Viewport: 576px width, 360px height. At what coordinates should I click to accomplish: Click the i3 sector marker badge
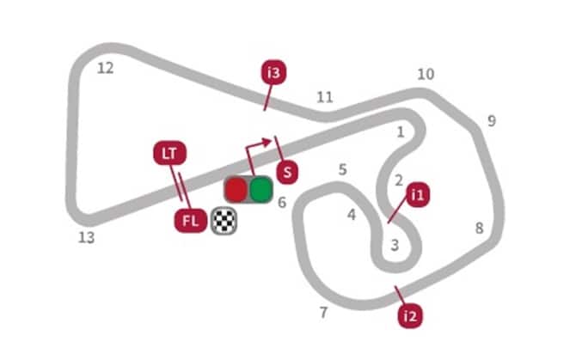(273, 73)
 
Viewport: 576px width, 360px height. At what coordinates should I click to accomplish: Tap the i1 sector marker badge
(418, 195)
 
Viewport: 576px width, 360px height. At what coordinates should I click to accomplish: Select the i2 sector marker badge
(410, 315)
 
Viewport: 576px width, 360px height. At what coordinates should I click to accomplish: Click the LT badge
(169, 153)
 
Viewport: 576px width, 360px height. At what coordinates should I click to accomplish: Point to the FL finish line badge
(191, 221)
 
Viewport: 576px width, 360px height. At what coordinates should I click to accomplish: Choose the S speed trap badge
(287, 172)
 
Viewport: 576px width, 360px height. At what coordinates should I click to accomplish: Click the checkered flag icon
(224, 222)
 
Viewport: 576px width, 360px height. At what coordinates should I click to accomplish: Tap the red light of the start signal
(236, 189)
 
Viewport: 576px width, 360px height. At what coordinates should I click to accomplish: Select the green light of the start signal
(260, 189)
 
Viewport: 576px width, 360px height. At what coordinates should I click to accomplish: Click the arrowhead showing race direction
(267, 141)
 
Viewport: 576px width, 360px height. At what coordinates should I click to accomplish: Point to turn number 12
(106, 68)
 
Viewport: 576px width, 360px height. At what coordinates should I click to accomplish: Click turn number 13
(87, 237)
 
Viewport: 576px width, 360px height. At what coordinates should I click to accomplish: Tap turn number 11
(325, 97)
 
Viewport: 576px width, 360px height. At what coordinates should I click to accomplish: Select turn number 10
(426, 75)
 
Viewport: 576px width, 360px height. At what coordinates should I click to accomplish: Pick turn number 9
(492, 121)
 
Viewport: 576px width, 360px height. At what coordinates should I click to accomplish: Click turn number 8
(480, 229)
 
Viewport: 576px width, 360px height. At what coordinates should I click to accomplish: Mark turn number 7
(323, 312)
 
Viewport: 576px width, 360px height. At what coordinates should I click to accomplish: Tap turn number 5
(342, 169)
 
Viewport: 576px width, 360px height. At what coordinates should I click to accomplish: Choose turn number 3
(395, 245)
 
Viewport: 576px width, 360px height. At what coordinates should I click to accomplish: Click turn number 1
(401, 132)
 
